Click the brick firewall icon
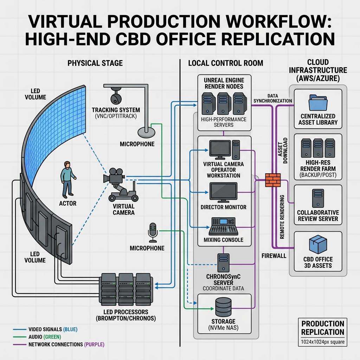(x=273, y=180)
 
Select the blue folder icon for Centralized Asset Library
(x=318, y=103)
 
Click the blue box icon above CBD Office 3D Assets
(x=318, y=244)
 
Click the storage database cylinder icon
(x=223, y=307)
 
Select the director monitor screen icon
(x=223, y=192)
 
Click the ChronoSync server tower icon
(x=223, y=263)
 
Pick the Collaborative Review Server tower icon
(x=318, y=198)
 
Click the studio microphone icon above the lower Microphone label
(x=153, y=232)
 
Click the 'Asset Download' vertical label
(x=283, y=150)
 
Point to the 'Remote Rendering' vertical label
(x=282, y=217)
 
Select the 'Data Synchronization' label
(x=273, y=98)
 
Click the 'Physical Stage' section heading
(x=95, y=63)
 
